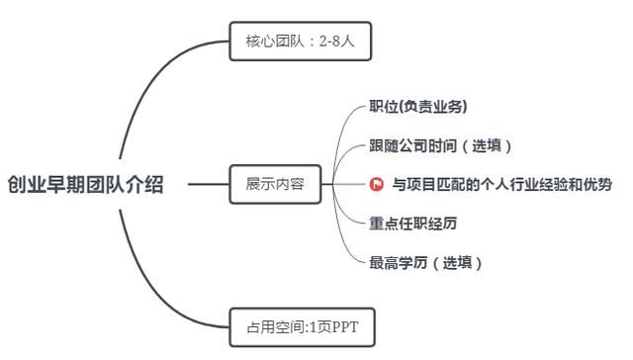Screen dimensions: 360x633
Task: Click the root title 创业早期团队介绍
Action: (x=85, y=184)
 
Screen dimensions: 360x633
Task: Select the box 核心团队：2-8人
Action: (x=300, y=43)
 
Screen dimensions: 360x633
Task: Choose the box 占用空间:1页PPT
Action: (x=301, y=326)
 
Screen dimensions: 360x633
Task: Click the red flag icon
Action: (x=377, y=184)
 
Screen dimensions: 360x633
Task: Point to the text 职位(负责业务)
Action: (x=417, y=106)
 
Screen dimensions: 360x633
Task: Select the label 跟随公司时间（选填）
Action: (x=440, y=145)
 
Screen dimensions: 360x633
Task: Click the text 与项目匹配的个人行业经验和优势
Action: (x=501, y=184)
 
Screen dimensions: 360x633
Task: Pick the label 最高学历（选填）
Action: (x=426, y=263)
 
